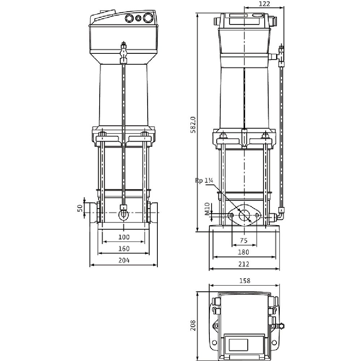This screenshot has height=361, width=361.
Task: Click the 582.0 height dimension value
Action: (x=193, y=125)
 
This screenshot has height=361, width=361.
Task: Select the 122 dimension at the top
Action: (x=264, y=4)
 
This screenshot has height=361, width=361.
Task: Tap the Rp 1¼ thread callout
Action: (x=204, y=181)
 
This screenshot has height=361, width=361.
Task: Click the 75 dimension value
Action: (x=244, y=240)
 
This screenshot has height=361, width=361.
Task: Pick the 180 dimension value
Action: (x=244, y=252)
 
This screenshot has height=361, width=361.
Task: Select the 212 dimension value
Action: (x=244, y=264)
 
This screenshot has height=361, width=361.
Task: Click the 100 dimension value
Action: (x=124, y=237)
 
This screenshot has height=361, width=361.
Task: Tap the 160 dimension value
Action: (x=124, y=249)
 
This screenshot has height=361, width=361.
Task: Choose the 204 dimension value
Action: (x=124, y=260)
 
